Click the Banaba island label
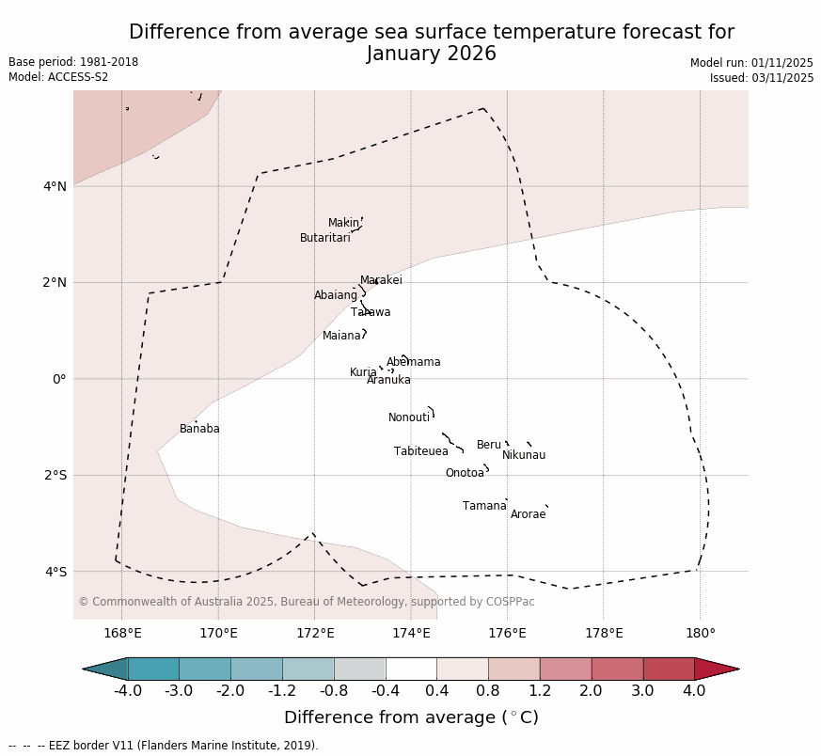click(199, 429)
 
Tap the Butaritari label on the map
click(324, 238)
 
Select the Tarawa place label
click(371, 312)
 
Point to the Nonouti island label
click(409, 417)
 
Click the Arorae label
click(528, 514)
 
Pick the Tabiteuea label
click(420, 451)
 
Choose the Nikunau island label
click(524, 455)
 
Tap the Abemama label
click(413, 362)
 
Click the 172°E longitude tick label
click(315, 633)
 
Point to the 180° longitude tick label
click(700, 633)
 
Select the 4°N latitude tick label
click(55, 186)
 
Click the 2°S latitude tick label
click(55, 475)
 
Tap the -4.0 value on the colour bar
click(128, 691)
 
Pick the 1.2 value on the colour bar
click(540, 691)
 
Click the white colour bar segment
click(411, 669)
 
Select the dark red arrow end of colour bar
click(717, 669)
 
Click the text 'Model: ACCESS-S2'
click(58, 77)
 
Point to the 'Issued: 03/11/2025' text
click(762, 78)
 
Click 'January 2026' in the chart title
click(432, 54)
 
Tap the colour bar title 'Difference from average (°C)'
click(411, 717)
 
